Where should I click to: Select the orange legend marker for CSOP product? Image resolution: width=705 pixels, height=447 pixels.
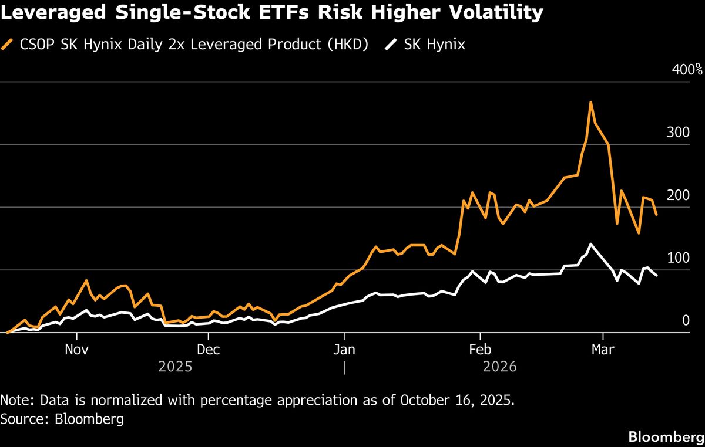(9, 45)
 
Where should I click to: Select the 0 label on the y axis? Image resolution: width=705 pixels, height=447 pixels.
(685, 320)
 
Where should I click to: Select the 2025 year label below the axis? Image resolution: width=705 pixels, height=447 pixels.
(175, 367)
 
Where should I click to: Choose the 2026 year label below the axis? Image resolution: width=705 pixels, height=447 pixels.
(500, 367)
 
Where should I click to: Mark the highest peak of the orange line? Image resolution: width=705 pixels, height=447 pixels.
(590, 103)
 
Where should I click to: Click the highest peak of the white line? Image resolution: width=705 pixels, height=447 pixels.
(590, 244)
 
